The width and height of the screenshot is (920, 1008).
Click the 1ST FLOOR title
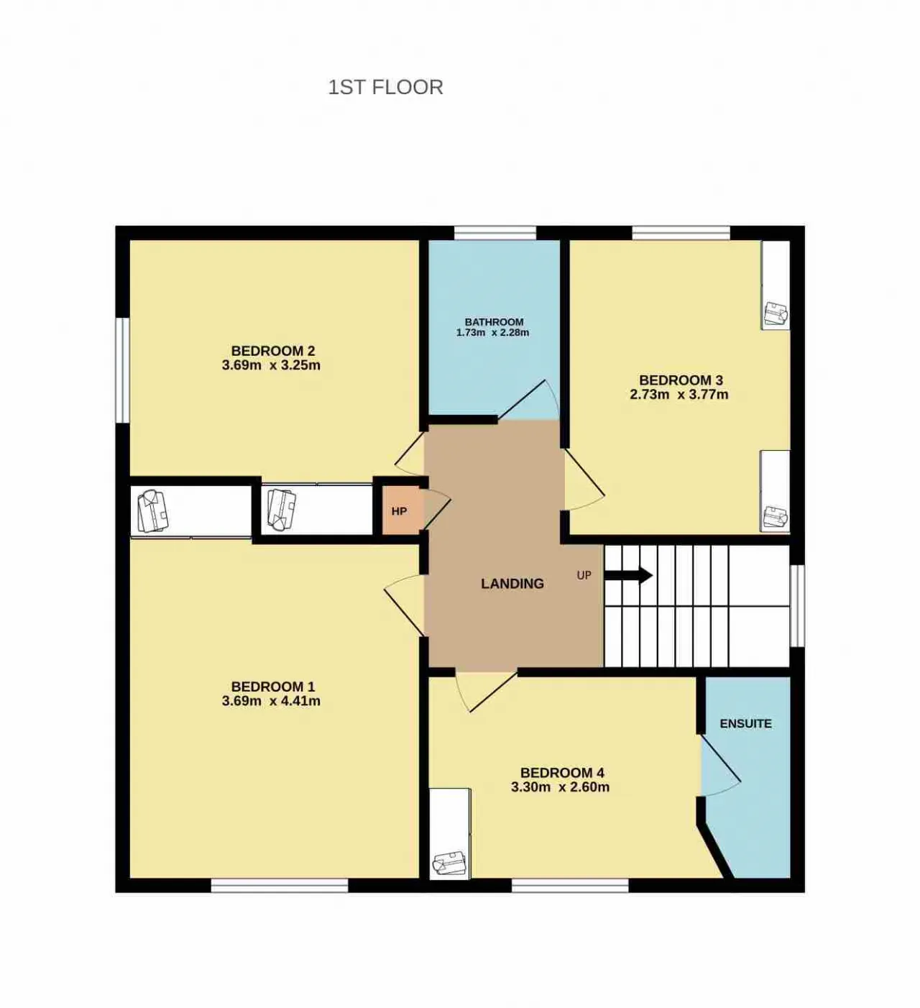click(x=385, y=88)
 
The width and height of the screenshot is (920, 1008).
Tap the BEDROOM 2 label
click(x=273, y=350)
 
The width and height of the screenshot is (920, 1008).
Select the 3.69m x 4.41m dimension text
click(x=271, y=700)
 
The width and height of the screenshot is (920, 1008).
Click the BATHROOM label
click(x=494, y=321)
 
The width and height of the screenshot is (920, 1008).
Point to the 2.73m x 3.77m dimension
click(x=678, y=395)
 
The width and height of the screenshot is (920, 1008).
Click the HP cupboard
click(x=400, y=511)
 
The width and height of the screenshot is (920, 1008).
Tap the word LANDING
click(x=512, y=583)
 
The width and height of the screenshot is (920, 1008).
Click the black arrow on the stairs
click(x=628, y=575)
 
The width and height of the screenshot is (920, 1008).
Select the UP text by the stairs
click(x=584, y=575)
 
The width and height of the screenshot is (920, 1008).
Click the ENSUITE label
click(x=745, y=723)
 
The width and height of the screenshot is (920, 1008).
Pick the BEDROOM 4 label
click(x=562, y=773)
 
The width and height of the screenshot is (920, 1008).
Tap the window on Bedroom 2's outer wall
click(x=122, y=370)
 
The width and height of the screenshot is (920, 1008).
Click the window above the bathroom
click(x=495, y=233)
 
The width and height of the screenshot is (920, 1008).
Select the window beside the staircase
click(x=797, y=606)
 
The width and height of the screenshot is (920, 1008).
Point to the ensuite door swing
click(x=721, y=765)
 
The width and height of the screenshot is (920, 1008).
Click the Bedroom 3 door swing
click(x=584, y=480)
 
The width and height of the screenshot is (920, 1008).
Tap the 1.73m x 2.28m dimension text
click(x=492, y=333)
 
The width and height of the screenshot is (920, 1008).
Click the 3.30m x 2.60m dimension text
click(x=560, y=787)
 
